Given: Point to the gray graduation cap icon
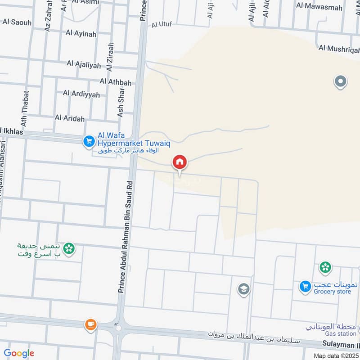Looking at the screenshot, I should (x=243, y=289).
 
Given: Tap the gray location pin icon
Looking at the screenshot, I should (x=341, y=82).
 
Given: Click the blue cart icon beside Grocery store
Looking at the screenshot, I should (x=305, y=286).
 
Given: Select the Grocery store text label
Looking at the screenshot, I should (x=333, y=292).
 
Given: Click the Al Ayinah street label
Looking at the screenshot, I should (x=81, y=32).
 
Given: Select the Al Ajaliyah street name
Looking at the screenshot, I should (x=84, y=65).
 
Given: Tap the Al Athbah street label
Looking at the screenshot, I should (x=116, y=82).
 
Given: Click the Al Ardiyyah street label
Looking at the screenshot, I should (x=81, y=93).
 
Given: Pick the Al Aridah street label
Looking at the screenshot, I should (x=70, y=118).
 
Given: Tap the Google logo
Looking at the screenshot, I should (x=19, y=353).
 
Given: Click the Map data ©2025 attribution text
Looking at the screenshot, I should (x=335, y=355).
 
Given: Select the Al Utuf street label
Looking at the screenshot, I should (x=162, y=24).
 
